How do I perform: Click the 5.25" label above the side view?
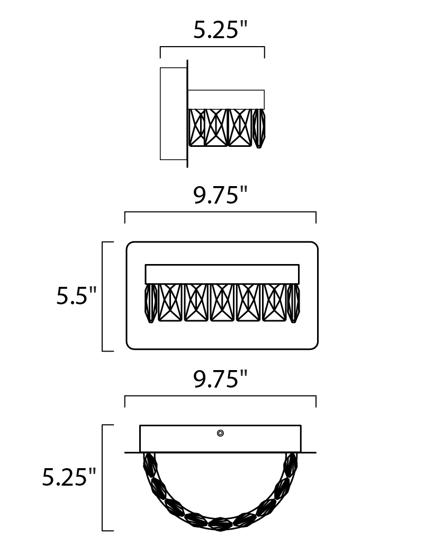(221, 30)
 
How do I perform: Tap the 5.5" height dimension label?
(76, 295)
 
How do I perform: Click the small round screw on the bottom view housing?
(221, 433)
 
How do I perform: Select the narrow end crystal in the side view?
(259, 128)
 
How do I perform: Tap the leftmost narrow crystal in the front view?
(151, 303)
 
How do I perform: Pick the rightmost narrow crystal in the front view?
(293, 303)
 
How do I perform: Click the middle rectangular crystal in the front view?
(222, 303)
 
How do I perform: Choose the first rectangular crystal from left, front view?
(170, 303)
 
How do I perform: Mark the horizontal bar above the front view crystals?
(222, 274)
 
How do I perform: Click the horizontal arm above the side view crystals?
(226, 100)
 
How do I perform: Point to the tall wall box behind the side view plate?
(173, 113)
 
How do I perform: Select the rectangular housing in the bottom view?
(221, 438)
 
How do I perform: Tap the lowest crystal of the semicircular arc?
(221, 524)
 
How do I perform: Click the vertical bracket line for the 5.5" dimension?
(103, 296)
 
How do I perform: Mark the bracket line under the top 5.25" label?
(212, 47)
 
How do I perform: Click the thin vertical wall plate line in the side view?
(187, 113)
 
